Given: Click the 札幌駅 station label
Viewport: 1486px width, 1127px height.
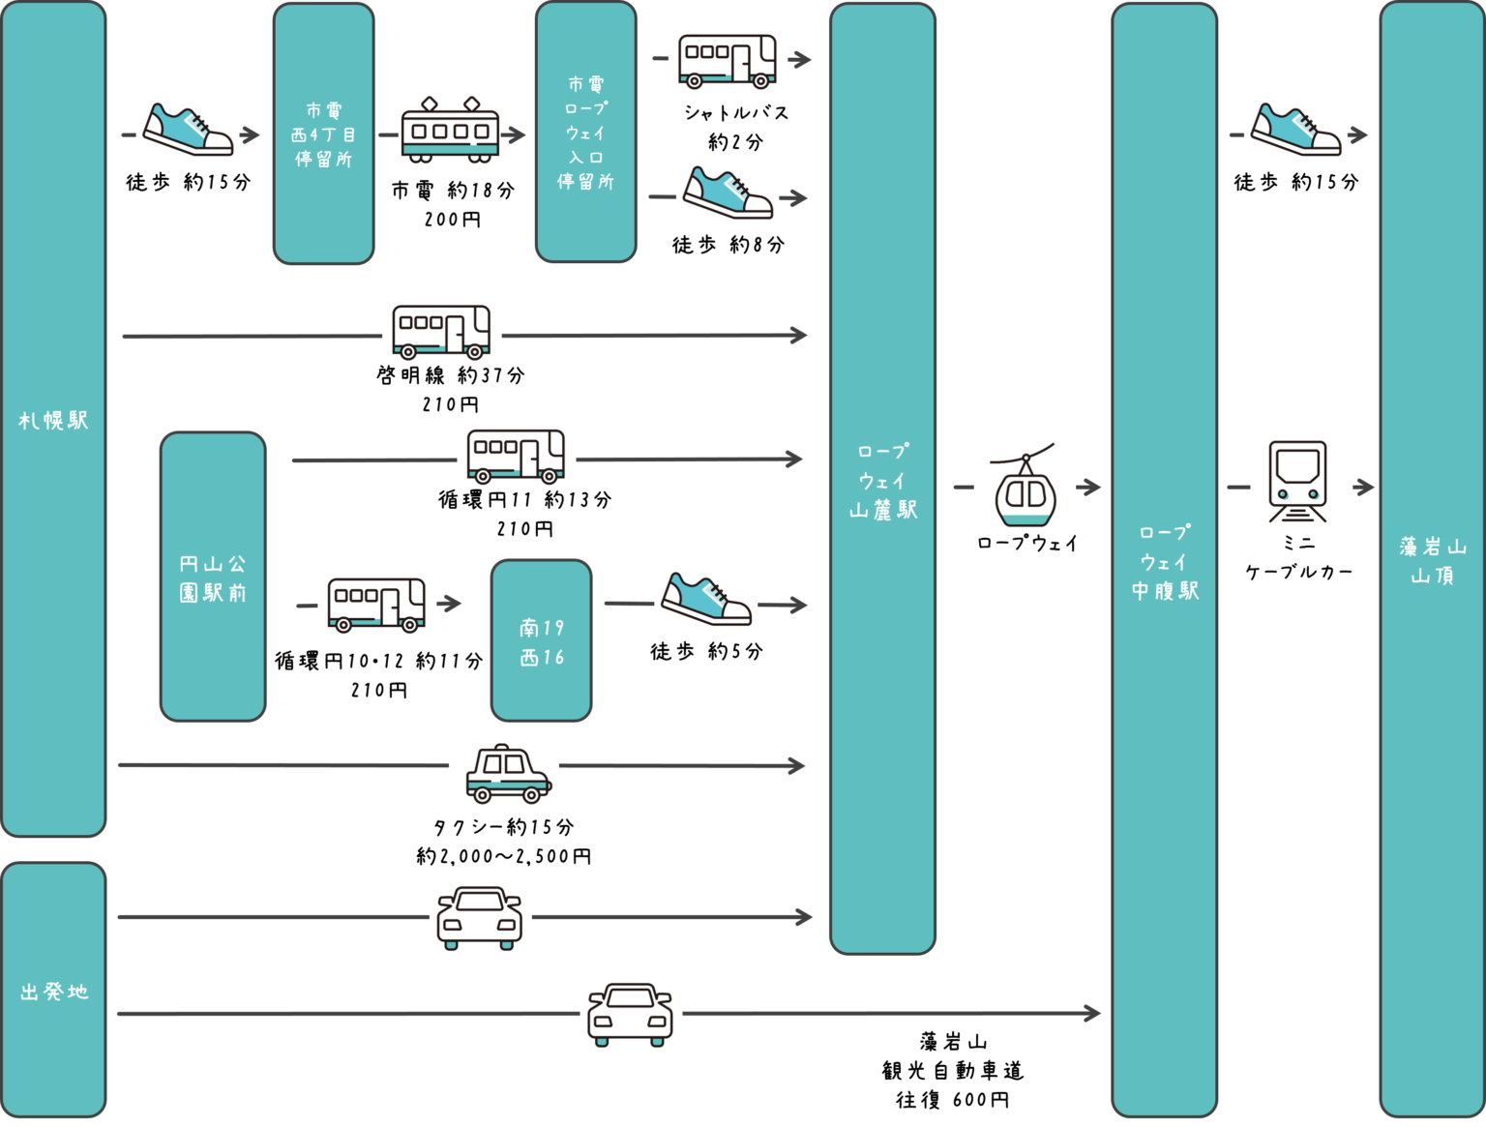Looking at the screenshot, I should tap(53, 421).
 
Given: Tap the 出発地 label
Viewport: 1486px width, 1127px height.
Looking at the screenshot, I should tap(54, 992).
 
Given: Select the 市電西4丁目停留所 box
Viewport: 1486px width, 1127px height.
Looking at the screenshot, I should tap(323, 134).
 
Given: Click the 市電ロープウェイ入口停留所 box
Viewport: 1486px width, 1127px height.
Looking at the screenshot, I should tap(585, 133).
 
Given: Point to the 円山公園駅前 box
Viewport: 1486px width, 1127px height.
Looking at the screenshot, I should tap(213, 578).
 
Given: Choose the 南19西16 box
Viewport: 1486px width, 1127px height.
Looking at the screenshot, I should tap(541, 641).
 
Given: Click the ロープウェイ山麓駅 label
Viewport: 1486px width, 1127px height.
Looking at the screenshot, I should tap(882, 481).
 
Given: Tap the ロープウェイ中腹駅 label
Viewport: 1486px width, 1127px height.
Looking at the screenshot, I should tap(1165, 562).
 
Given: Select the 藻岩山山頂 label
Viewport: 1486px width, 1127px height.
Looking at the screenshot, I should tap(1432, 561).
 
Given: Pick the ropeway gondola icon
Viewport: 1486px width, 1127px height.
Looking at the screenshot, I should tap(1025, 487).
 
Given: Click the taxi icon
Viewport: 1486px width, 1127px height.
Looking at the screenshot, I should tap(504, 772).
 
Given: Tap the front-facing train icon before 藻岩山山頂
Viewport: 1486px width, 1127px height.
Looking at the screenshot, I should tap(1300, 484).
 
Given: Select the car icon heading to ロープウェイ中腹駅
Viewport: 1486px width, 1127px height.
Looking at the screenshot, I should tap(631, 1013).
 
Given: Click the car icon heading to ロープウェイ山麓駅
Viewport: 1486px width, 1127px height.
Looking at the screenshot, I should tap(481, 916).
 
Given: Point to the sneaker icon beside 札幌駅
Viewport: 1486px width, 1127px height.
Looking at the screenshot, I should tap(188, 128).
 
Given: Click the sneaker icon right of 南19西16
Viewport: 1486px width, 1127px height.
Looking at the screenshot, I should tap(706, 598).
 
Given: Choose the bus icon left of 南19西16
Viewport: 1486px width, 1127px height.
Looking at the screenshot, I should tap(377, 604).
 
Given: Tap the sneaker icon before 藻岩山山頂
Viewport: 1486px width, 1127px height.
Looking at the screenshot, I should tap(1295, 128).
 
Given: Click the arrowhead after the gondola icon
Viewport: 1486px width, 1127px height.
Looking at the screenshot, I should tap(1092, 487).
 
